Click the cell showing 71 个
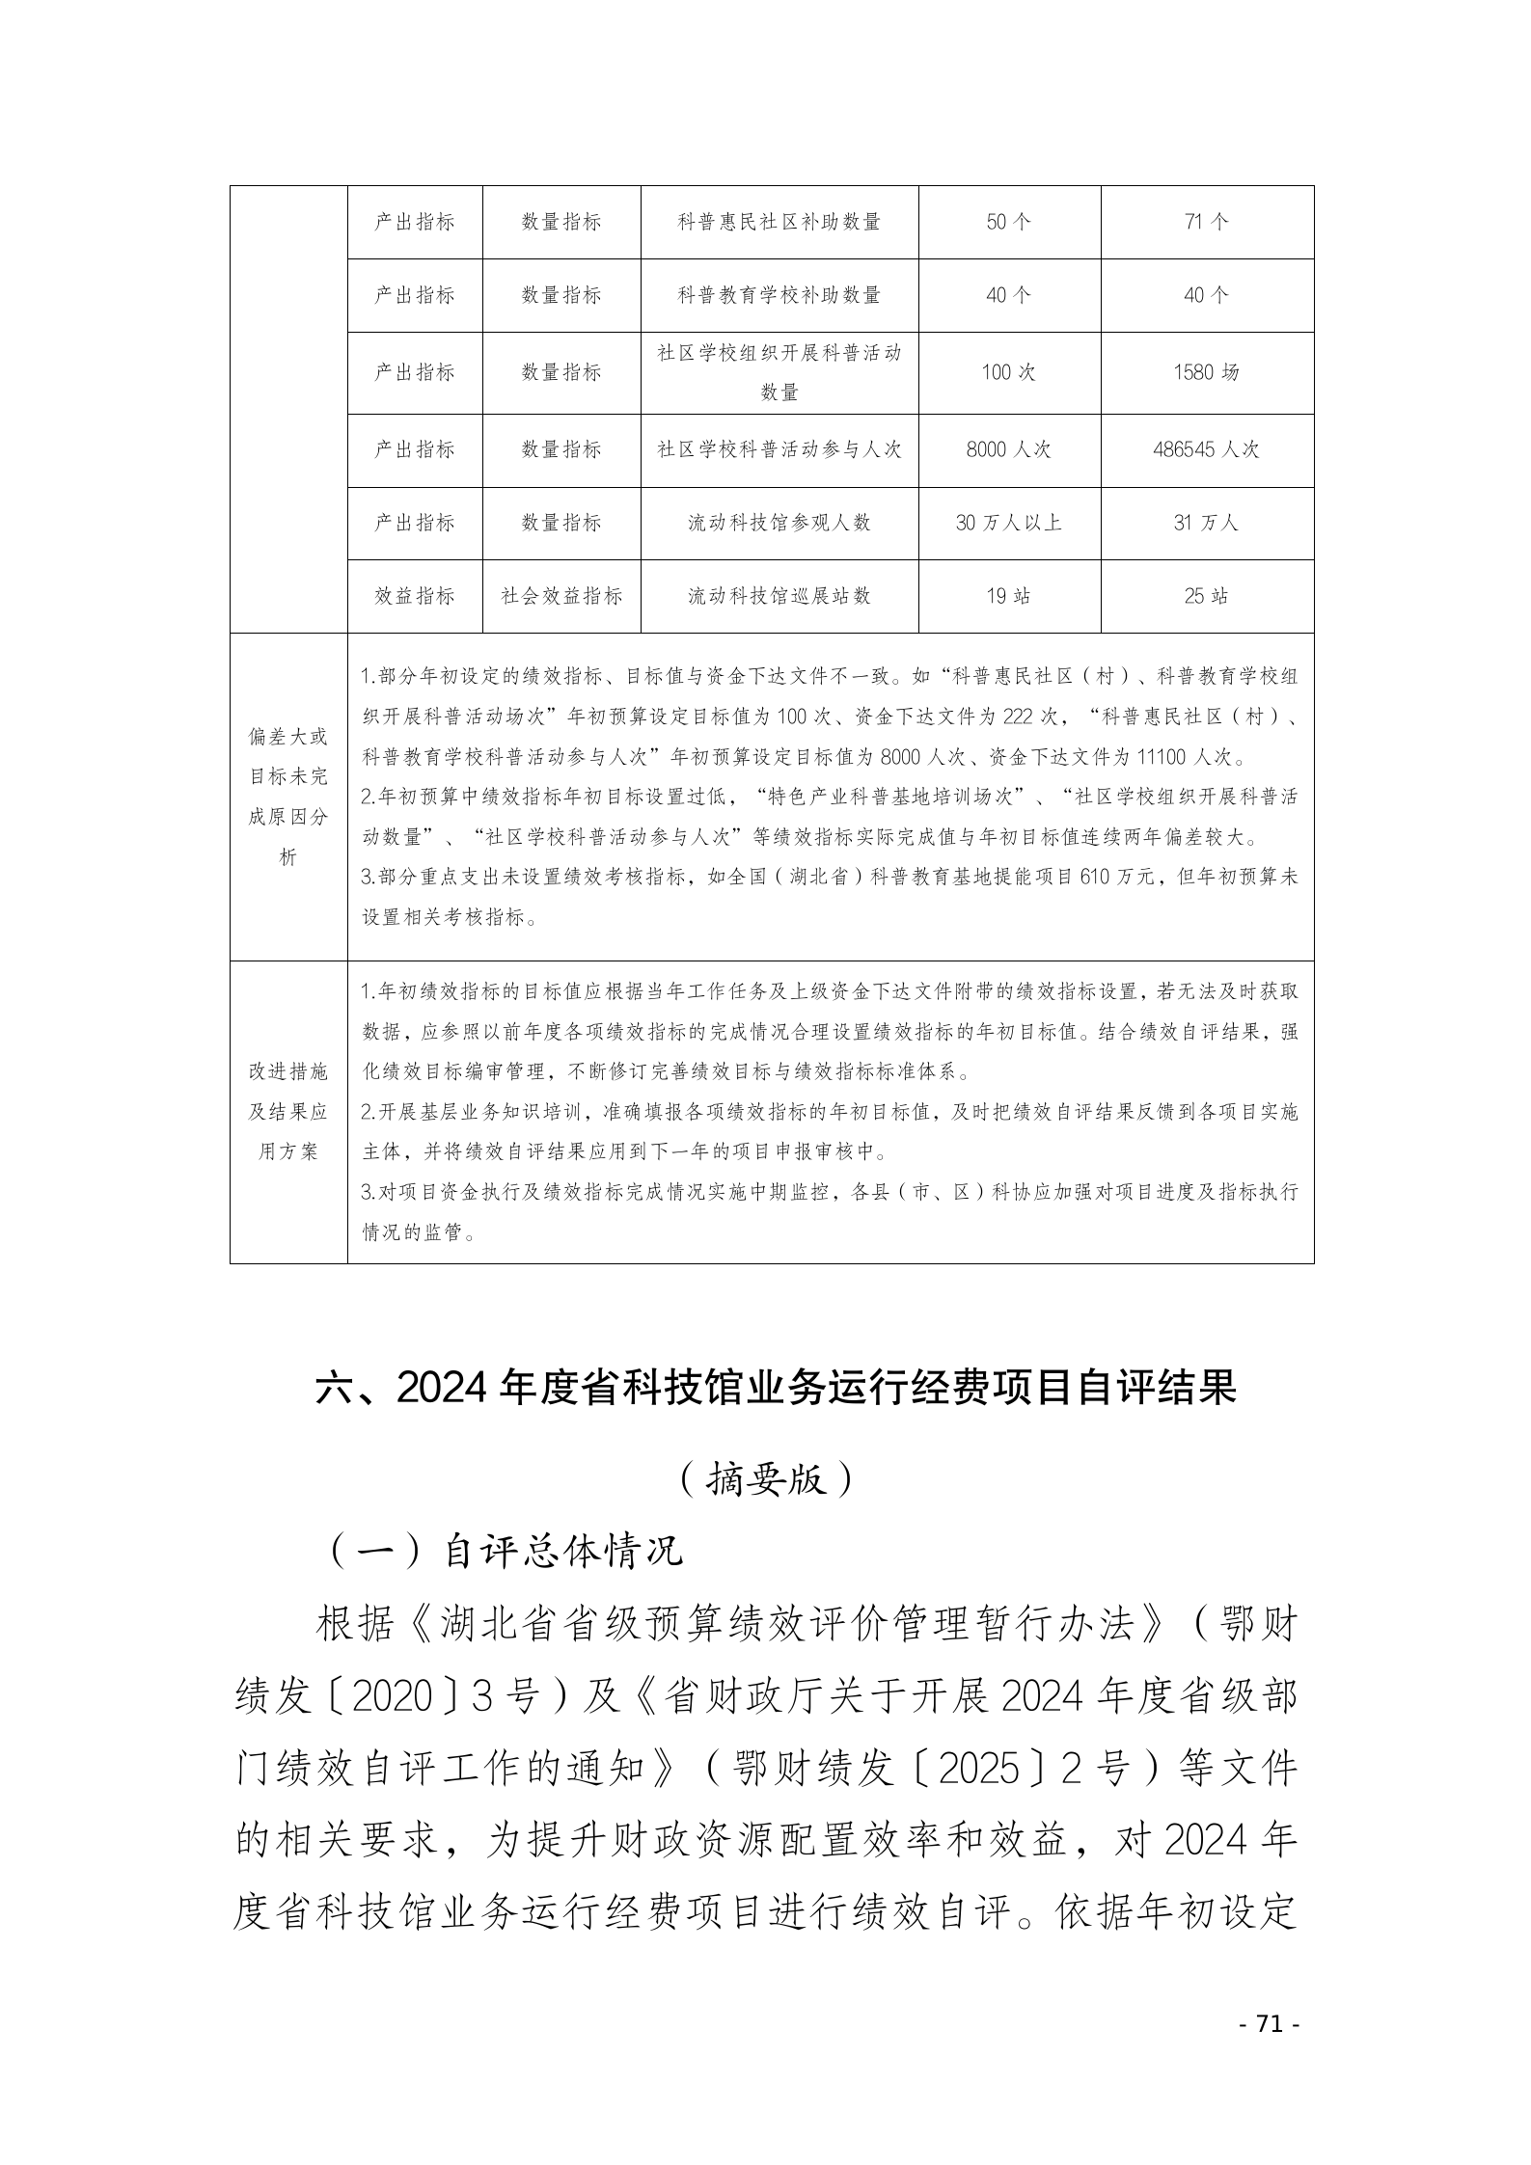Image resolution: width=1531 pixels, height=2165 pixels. [x=1206, y=222]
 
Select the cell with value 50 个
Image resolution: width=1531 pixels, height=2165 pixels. [x=1008, y=222]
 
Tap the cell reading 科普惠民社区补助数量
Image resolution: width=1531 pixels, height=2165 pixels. [x=779, y=222]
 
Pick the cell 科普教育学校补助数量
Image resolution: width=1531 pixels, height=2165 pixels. [x=779, y=295]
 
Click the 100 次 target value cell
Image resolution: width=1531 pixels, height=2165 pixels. [x=1008, y=372]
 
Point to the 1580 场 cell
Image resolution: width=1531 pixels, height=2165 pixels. [x=1206, y=372]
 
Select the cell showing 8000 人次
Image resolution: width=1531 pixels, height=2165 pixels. [x=1008, y=449]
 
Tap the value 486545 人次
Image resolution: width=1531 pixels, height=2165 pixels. [x=1206, y=449]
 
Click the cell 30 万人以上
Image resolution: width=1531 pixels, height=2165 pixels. [x=1008, y=523]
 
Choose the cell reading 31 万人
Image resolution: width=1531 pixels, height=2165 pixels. [x=1206, y=523]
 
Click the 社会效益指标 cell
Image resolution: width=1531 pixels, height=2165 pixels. [x=561, y=596]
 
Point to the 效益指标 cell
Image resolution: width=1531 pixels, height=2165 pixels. [x=414, y=596]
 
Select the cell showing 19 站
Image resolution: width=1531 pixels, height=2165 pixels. [x=1008, y=596]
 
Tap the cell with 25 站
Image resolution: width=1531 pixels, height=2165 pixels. [x=1206, y=596]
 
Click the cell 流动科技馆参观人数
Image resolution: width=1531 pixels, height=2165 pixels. [x=779, y=523]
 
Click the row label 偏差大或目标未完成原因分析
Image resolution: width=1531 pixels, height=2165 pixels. [x=287, y=797]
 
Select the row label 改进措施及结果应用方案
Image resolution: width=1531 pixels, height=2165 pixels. [x=287, y=1111]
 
